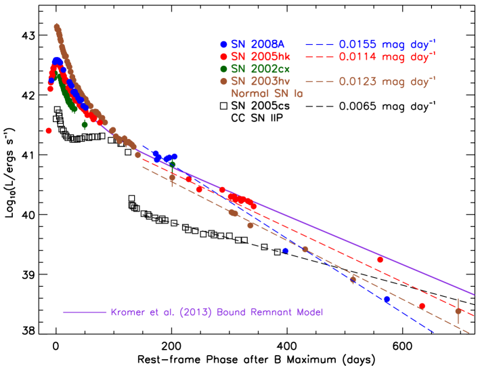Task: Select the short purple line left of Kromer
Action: [85, 312]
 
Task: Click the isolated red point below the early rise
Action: [49, 130]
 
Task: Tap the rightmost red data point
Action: [422, 306]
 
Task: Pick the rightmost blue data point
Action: [387, 299]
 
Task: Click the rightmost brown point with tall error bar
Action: [458, 310]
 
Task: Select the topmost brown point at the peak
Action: [57, 26]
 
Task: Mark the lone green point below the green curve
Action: [85, 124]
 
